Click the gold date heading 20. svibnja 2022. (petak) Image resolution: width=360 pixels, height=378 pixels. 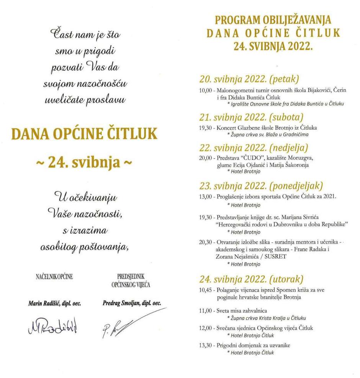coord(249,79)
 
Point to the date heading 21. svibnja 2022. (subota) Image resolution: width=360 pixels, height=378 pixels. coord(251,117)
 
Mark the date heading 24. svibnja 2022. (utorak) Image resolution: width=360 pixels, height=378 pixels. coord(251,278)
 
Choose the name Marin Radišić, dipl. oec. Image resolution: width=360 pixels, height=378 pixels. coord(54,303)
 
